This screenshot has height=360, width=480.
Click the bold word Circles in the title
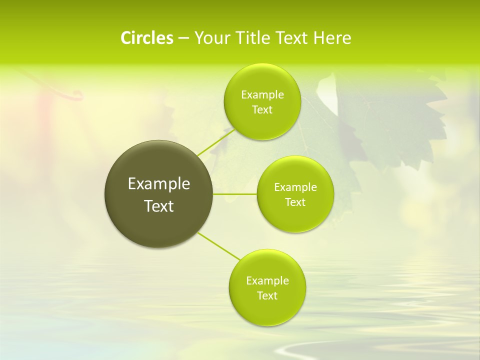click(x=147, y=38)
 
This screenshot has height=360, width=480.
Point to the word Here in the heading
click(x=332, y=38)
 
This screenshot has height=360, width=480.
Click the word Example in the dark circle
click(x=159, y=184)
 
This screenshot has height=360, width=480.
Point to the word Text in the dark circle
click(x=159, y=206)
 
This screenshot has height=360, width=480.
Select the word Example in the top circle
click(x=262, y=95)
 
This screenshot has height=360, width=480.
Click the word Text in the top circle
click(x=262, y=110)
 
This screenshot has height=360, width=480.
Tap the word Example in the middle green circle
click(x=295, y=187)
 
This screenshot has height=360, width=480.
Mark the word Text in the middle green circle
click(x=295, y=202)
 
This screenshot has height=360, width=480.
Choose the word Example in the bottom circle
click(x=267, y=280)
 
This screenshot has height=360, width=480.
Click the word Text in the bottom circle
click(x=267, y=295)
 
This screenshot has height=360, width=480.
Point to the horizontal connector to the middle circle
click(x=235, y=194)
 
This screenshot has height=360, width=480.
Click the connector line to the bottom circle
click(x=219, y=246)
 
